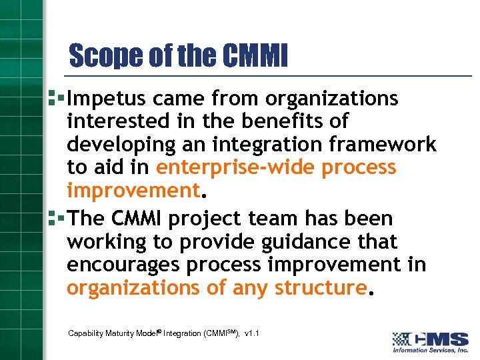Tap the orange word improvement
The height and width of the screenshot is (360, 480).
click(x=133, y=191)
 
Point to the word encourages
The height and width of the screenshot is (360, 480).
click(x=123, y=265)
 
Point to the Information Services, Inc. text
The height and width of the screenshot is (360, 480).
click(x=430, y=351)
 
